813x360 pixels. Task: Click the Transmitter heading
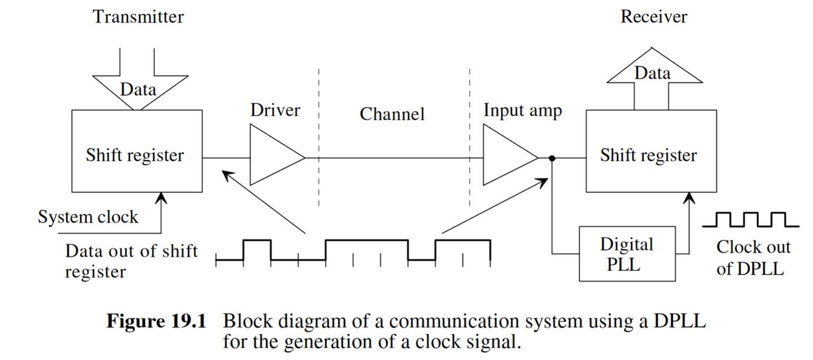pyautogui.click(x=138, y=17)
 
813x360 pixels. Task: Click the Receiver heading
pyautogui.click(x=654, y=17)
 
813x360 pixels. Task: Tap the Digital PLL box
pyautogui.click(x=627, y=254)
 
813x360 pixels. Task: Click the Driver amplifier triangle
pyautogui.click(x=271, y=155)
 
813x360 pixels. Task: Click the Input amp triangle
pyautogui.click(x=505, y=155)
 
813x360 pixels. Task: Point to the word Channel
pyautogui.click(x=392, y=114)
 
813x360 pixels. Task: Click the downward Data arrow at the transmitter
pyautogui.click(x=138, y=85)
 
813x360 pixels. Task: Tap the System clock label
pyautogui.click(x=88, y=217)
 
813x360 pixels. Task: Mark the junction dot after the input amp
pyautogui.click(x=552, y=159)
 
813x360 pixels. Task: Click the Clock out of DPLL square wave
pyautogui.click(x=751, y=220)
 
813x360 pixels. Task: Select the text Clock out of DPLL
pyautogui.click(x=753, y=257)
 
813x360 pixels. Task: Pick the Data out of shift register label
pyautogui.click(x=131, y=261)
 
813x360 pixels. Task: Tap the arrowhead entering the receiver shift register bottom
pyautogui.click(x=689, y=197)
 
